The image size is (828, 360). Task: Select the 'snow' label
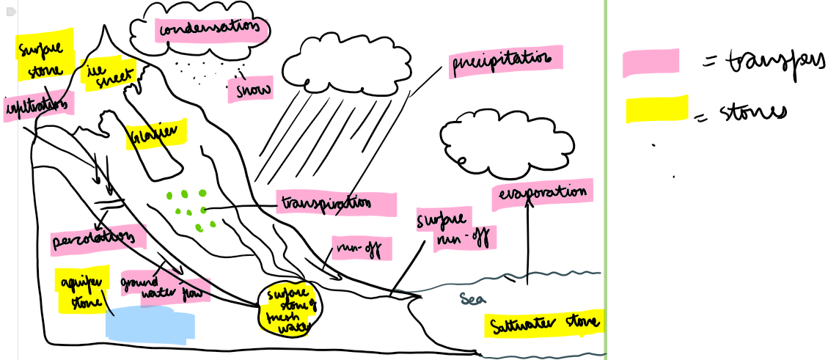tap(250, 90)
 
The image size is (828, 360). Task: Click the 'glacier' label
tap(154, 134)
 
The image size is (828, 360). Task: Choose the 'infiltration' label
tap(38, 106)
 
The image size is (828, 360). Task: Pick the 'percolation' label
tap(92, 240)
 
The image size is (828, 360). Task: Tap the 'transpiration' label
tap(336, 203)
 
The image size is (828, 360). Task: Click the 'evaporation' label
tap(543, 192)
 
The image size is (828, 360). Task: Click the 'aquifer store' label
tap(82, 287)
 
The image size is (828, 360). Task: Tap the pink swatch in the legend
tap(651, 63)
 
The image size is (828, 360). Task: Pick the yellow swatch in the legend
tap(656, 109)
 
